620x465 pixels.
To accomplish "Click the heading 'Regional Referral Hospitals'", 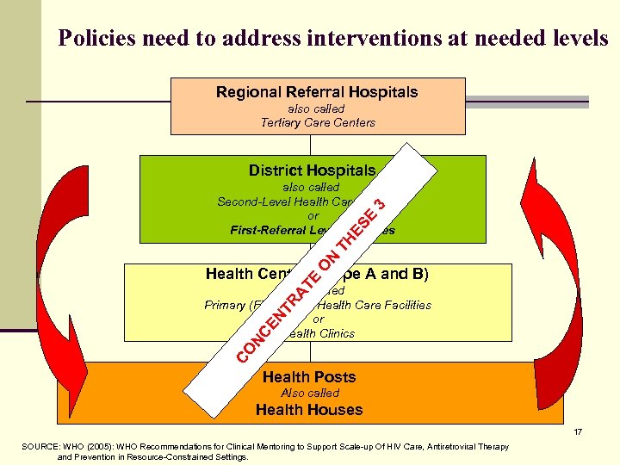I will [x=317, y=92].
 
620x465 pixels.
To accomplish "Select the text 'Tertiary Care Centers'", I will [x=318, y=122].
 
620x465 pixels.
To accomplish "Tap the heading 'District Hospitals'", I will [x=312, y=170].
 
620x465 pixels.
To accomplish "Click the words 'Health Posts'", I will [x=309, y=377].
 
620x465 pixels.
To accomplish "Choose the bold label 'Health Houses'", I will [x=309, y=410].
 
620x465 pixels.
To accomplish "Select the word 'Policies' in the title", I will [x=94, y=39].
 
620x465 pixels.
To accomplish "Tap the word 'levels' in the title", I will [x=581, y=39].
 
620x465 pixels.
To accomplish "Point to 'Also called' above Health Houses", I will [x=310, y=394].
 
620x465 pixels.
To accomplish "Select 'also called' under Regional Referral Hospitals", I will [x=316, y=108].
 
